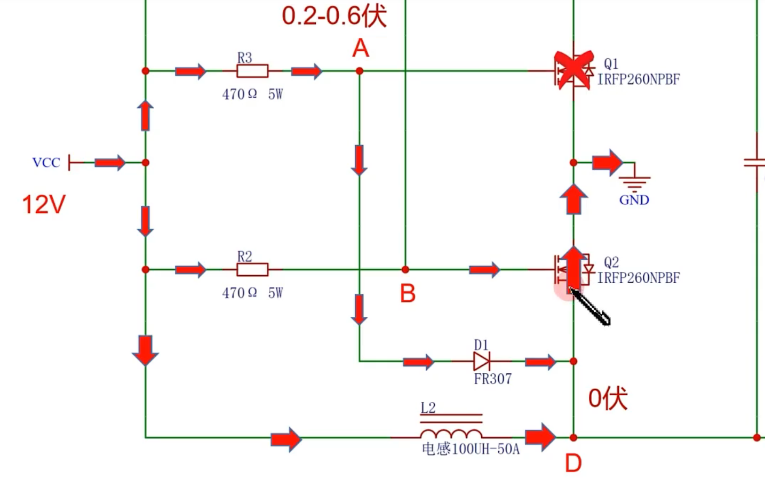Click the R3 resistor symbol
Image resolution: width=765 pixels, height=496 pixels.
tap(252, 71)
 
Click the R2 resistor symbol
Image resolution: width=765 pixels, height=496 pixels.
tap(252, 269)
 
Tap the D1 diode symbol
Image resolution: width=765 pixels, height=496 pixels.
tap(482, 362)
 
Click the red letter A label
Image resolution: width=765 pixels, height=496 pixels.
tap(361, 49)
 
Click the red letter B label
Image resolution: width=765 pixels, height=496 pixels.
tap(408, 293)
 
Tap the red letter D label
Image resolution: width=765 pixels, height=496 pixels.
tap(573, 463)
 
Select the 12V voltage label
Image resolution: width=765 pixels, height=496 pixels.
tap(44, 204)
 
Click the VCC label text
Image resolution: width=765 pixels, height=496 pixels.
tap(46, 163)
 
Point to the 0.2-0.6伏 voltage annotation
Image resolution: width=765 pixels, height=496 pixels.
tap(334, 16)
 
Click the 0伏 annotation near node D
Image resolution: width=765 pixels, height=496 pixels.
tap(608, 398)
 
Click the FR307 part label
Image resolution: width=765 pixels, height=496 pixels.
tap(492, 379)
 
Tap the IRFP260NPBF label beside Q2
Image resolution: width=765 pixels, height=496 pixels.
tap(638, 278)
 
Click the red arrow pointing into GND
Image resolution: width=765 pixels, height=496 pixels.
tap(607, 162)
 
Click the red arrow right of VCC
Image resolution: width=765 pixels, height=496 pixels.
tap(110, 162)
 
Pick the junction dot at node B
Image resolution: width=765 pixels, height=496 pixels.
tap(405, 269)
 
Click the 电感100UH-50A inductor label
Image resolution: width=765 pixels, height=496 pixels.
tap(471, 449)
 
